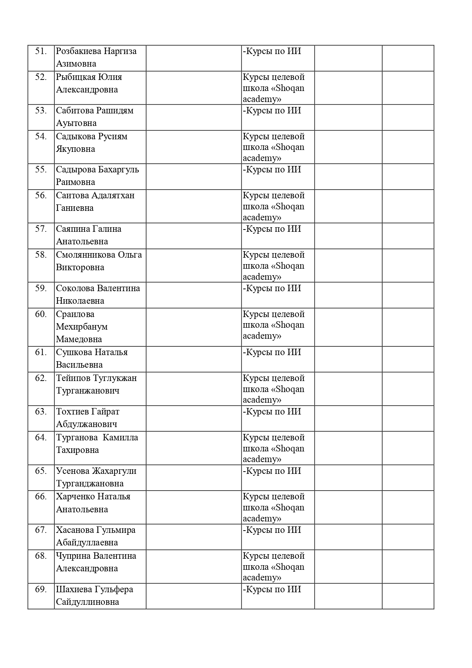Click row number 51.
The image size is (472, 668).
point(41,51)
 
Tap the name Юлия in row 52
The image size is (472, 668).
point(110,77)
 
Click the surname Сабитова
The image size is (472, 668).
point(75,111)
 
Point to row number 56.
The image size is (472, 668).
point(41,196)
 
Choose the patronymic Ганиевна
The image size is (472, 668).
point(75,208)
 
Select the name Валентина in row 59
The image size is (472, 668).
point(118,289)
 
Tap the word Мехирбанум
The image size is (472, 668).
point(82,327)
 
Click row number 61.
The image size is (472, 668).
point(41,352)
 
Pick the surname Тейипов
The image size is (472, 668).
point(72,378)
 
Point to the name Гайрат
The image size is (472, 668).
point(105,412)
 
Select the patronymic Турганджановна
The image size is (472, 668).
point(90,484)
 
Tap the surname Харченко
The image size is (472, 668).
point(75,497)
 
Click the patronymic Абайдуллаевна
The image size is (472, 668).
point(87,543)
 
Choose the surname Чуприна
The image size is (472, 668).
point(73,556)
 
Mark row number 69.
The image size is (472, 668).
point(41,590)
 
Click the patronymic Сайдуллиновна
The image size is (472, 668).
point(88,602)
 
